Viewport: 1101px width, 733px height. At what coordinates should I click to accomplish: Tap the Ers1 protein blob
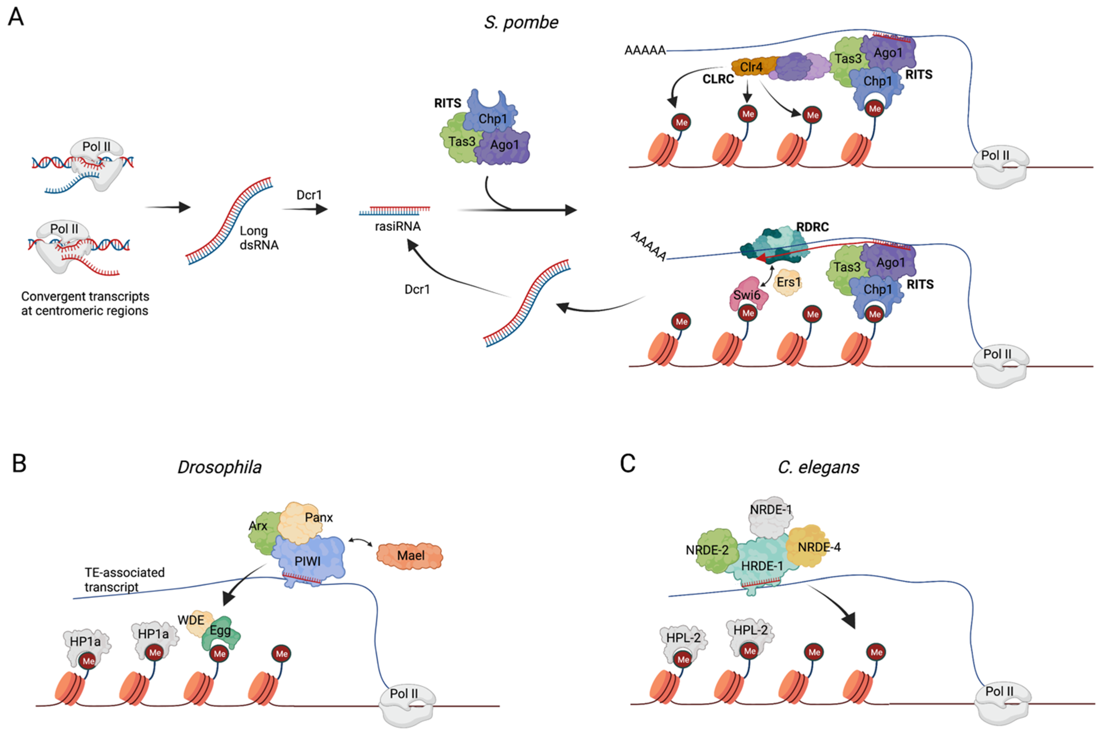coord(788,283)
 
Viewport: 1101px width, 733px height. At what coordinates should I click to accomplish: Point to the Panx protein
coord(302,520)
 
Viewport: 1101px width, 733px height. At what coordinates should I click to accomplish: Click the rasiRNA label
coord(398,226)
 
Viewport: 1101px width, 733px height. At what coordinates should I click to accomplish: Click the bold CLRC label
coord(718,80)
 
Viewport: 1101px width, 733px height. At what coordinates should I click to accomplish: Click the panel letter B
coord(19,464)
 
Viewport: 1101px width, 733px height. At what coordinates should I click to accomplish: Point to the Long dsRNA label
coord(259,237)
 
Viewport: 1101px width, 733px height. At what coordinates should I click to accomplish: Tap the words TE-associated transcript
coord(124,579)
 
